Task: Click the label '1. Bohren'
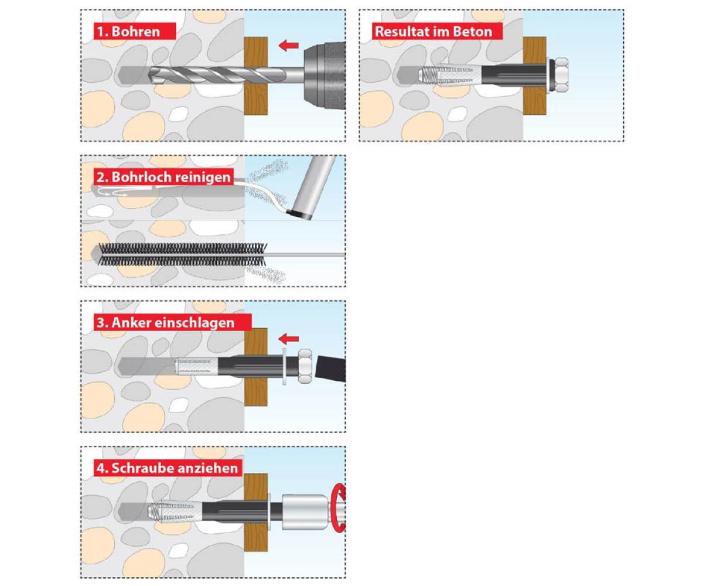point(128,32)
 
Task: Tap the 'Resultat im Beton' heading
point(434,32)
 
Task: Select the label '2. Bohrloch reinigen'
point(163,177)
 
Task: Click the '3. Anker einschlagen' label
point(165,323)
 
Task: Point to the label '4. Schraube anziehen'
point(167,468)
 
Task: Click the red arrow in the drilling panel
point(289,45)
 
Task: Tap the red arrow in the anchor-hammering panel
point(289,339)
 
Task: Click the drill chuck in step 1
point(324,76)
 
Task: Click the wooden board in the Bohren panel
point(255,76)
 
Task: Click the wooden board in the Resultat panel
point(535,76)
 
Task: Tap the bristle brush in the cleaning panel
point(182,254)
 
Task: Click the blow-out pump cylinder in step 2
point(313,188)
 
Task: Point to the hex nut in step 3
point(305,366)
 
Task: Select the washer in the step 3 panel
point(285,366)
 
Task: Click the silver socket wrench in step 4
point(305,512)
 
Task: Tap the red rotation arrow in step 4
point(339,508)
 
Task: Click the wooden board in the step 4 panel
point(255,512)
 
